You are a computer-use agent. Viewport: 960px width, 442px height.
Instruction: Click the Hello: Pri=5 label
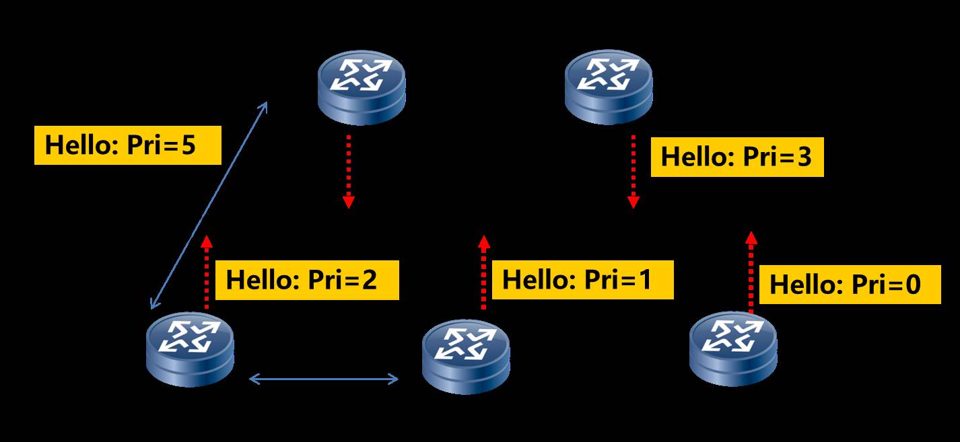[128, 145]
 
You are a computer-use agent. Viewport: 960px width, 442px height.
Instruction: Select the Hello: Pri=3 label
[737, 157]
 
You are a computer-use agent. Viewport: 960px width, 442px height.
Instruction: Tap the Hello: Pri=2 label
[312, 280]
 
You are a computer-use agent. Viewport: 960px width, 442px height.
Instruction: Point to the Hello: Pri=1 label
[583, 279]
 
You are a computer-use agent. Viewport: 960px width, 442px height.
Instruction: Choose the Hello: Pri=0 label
[854, 285]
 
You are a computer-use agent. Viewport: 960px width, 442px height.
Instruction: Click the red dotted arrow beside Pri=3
[633, 171]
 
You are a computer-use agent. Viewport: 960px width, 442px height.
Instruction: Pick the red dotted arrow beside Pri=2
[207, 272]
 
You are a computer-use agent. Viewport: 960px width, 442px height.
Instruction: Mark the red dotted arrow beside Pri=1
[483, 272]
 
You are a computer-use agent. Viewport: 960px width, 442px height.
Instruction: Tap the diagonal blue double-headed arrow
[209, 205]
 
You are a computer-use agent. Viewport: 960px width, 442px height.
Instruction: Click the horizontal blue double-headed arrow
[324, 379]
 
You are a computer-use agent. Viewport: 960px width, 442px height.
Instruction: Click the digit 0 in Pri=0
[912, 285]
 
